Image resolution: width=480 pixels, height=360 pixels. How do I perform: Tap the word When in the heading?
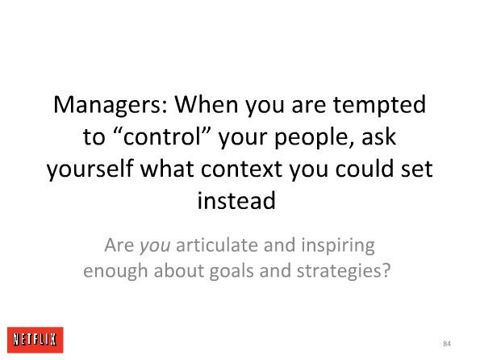tap(207, 104)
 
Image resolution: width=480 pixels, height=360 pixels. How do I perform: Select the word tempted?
tap(379, 106)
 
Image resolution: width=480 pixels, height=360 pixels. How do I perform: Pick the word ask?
tap(379, 136)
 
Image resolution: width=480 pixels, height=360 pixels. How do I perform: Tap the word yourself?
tap(90, 170)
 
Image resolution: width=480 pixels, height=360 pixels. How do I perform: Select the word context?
tap(241, 169)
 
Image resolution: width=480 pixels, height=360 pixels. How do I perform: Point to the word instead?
tap(236, 200)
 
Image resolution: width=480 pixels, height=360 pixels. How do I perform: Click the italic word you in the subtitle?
tap(155, 246)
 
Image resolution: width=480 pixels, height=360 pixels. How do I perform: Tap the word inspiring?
tap(338, 246)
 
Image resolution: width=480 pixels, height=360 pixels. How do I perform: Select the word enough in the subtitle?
tap(115, 271)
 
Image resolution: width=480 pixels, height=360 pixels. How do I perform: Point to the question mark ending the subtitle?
tap(386, 270)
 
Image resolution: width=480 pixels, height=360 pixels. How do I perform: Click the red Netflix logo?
tap(35, 340)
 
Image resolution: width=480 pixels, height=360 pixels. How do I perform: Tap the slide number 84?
tap(447, 344)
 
